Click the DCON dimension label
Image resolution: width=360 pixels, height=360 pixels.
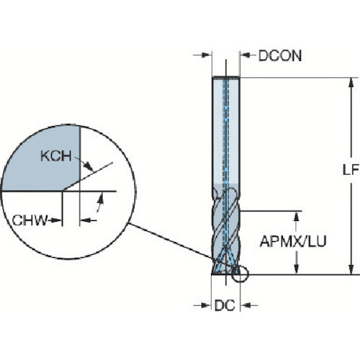[x=280, y=56]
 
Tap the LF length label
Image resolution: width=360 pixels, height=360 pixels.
[x=351, y=171]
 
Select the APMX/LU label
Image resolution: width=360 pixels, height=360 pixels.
[x=293, y=241]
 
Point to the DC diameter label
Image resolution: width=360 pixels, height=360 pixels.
[x=225, y=306]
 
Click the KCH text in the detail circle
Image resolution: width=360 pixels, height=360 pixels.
[x=56, y=156]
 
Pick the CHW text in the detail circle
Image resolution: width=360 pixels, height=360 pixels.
[x=30, y=220]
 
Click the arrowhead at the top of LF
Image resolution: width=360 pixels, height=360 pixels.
[x=351, y=83]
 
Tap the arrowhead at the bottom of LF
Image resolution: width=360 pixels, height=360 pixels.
[x=351, y=269]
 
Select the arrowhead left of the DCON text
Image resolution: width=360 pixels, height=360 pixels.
[x=245, y=55]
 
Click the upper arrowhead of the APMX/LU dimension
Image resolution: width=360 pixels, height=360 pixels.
[x=297, y=216]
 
